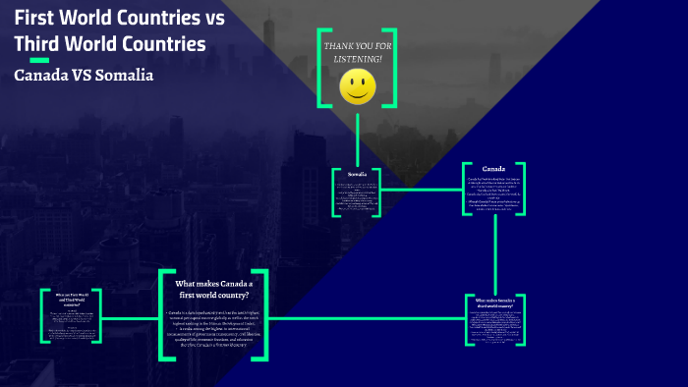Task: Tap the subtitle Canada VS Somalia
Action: pos(84,76)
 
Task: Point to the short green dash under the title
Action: pos(39,60)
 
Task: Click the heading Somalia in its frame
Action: pos(358,174)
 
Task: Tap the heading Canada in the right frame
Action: pos(494,169)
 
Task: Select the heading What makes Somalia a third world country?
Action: pos(500,305)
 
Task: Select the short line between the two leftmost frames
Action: pos(130,317)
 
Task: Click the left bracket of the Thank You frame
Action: pos(320,67)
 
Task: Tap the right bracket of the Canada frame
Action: pos(524,189)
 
